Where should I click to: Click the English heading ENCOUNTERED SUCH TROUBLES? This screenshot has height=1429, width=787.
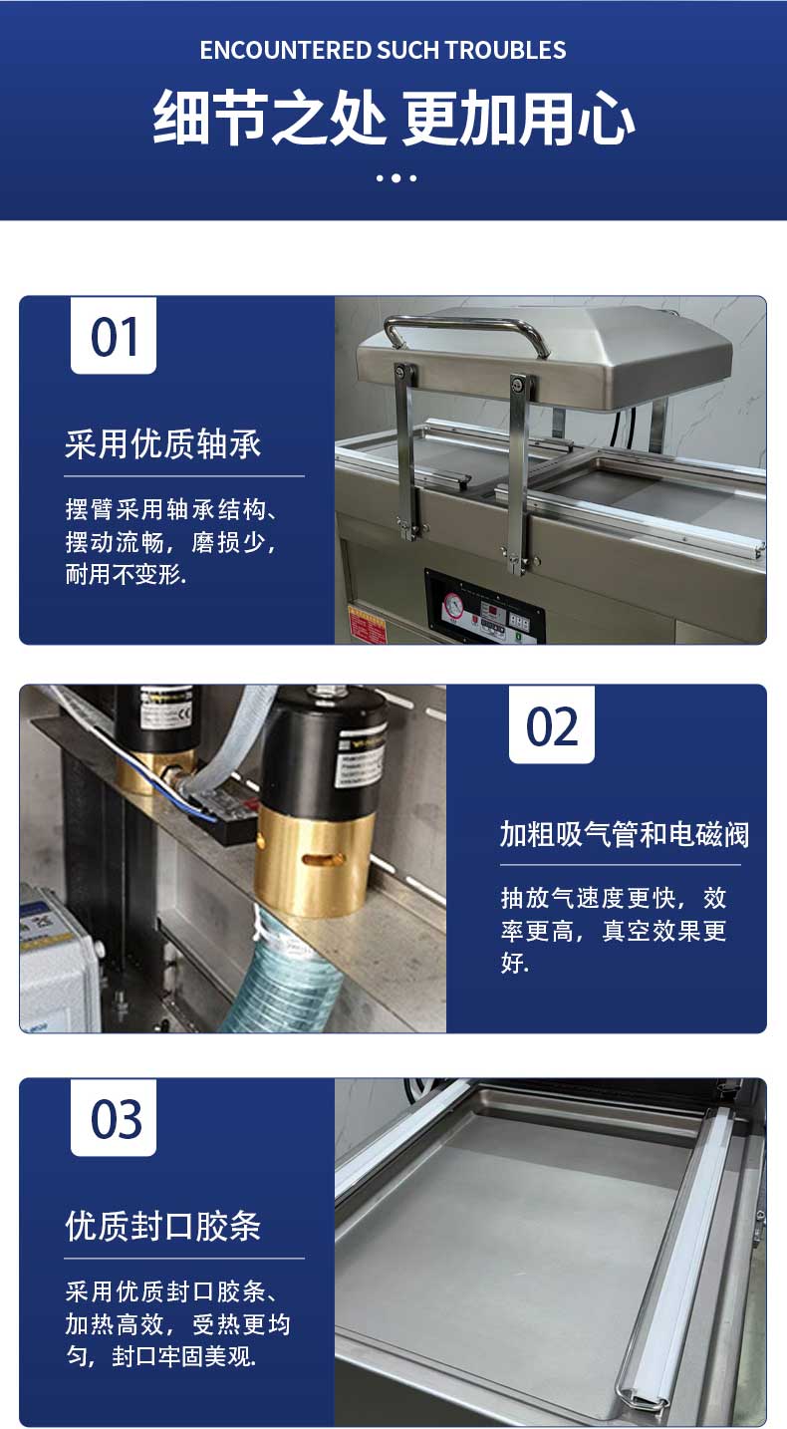tap(383, 50)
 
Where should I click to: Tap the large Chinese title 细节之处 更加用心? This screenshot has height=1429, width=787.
tap(393, 118)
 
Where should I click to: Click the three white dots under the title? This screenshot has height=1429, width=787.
tap(396, 178)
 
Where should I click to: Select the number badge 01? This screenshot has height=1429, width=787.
tap(114, 336)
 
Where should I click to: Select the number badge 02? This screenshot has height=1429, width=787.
tap(552, 724)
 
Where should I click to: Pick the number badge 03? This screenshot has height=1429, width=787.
tap(114, 1118)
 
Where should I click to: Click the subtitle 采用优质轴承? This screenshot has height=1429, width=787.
tap(162, 444)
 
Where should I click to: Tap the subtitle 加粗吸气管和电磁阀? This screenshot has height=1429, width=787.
tap(625, 834)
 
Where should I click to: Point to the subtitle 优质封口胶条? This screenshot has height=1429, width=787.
tap(162, 1226)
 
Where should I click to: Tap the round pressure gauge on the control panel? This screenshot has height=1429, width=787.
tap(453, 606)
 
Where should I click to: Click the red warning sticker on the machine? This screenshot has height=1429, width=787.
tap(367, 626)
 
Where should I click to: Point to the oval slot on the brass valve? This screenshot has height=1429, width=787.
tap(316, 860)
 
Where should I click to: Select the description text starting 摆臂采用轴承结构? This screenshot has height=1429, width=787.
tap(171, 542)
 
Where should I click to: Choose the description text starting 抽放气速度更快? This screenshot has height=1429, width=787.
tap(614, 930)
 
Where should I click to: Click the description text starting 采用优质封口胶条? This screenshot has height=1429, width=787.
tap(177, 1324)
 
